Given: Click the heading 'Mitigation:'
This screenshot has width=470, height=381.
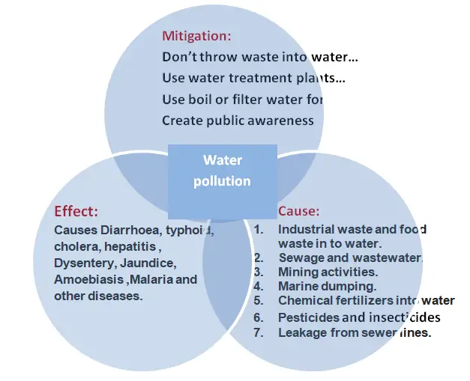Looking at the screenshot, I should (196, 35).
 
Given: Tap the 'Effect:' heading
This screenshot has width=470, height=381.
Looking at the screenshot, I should (76, 211).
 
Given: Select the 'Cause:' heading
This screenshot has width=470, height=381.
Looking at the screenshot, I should (298, 211).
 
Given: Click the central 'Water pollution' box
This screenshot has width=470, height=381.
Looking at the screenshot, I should (222, 171).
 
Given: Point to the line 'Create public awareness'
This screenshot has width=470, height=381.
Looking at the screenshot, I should (238, 120).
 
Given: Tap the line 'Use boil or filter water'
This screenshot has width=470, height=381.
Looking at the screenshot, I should (242, 99).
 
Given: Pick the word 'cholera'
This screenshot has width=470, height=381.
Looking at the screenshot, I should (73, 246).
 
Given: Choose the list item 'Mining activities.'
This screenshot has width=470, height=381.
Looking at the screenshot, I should (327, 272).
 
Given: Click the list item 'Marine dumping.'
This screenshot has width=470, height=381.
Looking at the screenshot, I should (327, 286).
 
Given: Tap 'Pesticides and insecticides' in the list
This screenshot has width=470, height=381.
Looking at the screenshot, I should (358, 317).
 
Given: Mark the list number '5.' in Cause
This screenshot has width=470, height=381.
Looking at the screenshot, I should (259, 301).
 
